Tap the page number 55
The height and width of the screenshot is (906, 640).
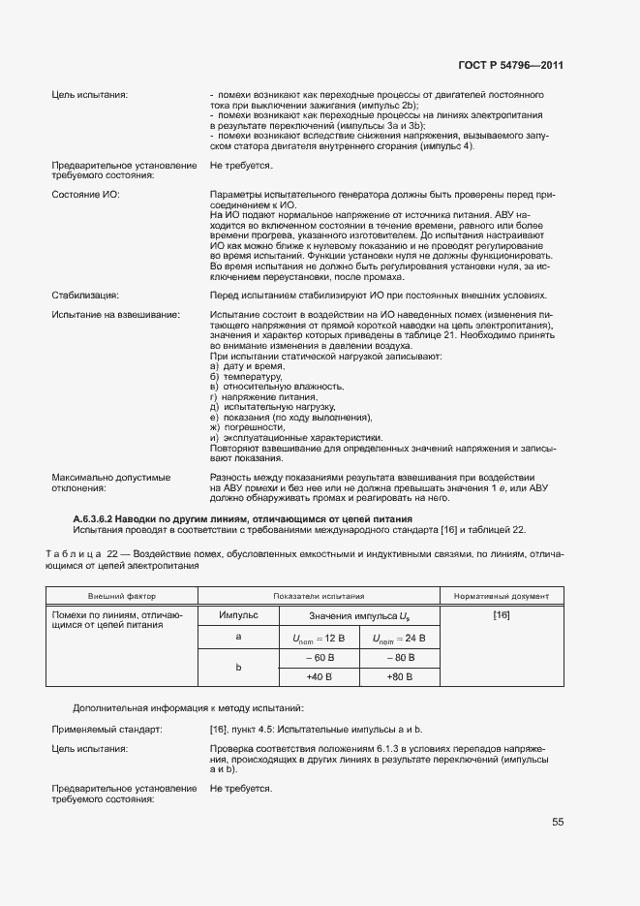point(558,822)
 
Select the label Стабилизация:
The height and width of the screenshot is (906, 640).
point(85,295)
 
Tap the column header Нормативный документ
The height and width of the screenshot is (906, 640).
point(502,595)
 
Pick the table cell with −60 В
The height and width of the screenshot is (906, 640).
point(319,659)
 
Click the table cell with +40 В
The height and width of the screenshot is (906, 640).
point(319,677)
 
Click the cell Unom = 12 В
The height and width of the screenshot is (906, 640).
point(319,638)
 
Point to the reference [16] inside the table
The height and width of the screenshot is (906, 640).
point(502,615)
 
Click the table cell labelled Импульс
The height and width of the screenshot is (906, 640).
point(237,615)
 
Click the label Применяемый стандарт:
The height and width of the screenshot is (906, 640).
point(107,728)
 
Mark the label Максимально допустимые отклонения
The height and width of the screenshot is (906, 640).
point(110,483)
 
